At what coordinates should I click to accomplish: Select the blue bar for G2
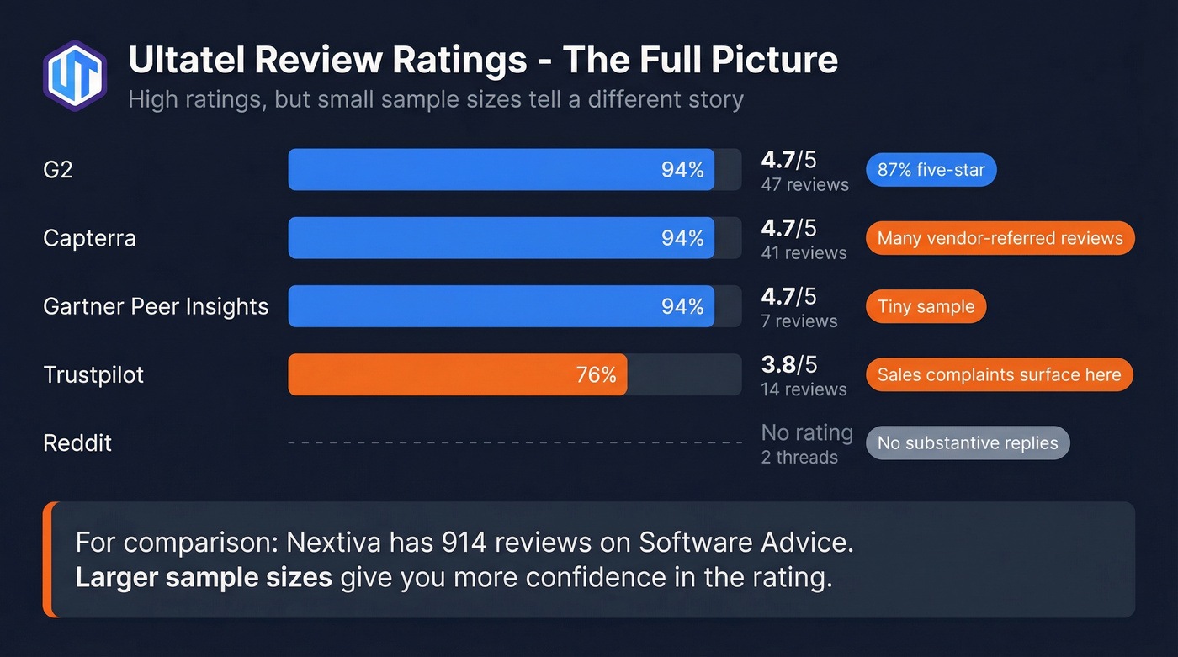[501, 170]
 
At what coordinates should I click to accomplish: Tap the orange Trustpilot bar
[457, 374]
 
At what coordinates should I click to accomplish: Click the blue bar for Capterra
[501, 238]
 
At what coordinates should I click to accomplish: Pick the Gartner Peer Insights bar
[501, 306]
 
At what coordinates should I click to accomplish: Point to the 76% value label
[596, 375]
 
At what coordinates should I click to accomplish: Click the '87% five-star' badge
[931, 170]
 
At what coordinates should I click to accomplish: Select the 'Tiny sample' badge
[926, 307]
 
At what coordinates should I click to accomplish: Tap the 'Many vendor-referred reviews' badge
[1000, 238]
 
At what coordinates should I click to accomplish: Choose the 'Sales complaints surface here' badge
[999, 375]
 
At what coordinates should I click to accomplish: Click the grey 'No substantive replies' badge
[968, 443]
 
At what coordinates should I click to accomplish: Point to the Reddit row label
[77, 443]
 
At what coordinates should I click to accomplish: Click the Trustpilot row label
[93, 374]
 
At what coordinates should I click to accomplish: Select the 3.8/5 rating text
[788, 364]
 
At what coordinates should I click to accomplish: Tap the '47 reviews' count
[804, 185]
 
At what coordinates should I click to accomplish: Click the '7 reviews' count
[799, 321]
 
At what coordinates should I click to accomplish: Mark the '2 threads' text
[799, 458]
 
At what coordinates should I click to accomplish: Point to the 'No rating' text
[806, 432]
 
